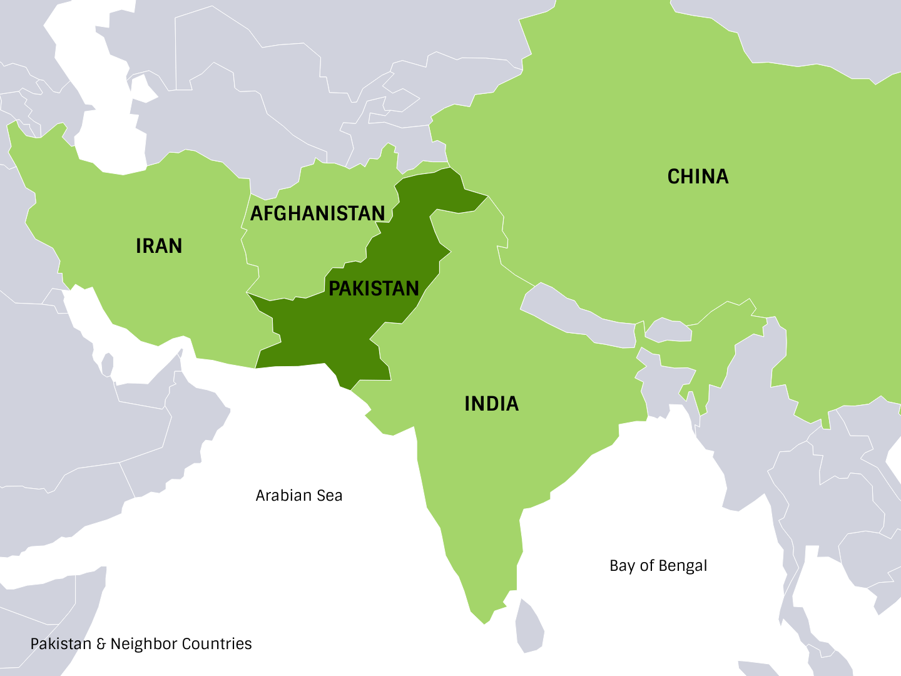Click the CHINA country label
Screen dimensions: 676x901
point(698,177)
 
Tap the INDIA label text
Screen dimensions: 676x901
point(491,404)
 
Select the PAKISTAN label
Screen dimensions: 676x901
point(374,289)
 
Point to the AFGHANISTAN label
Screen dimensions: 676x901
point(317,213)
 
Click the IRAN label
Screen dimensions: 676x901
point(159,246)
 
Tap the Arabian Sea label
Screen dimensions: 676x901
point(299,496)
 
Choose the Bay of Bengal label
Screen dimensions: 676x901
point(658,566)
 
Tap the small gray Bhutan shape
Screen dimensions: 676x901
point(668,330)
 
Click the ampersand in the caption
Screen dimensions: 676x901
point(101,644)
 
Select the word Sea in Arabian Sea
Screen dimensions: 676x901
point(329,496)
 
